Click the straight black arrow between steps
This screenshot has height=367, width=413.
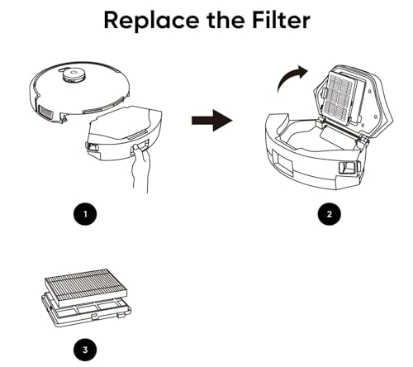tap(211, 122)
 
